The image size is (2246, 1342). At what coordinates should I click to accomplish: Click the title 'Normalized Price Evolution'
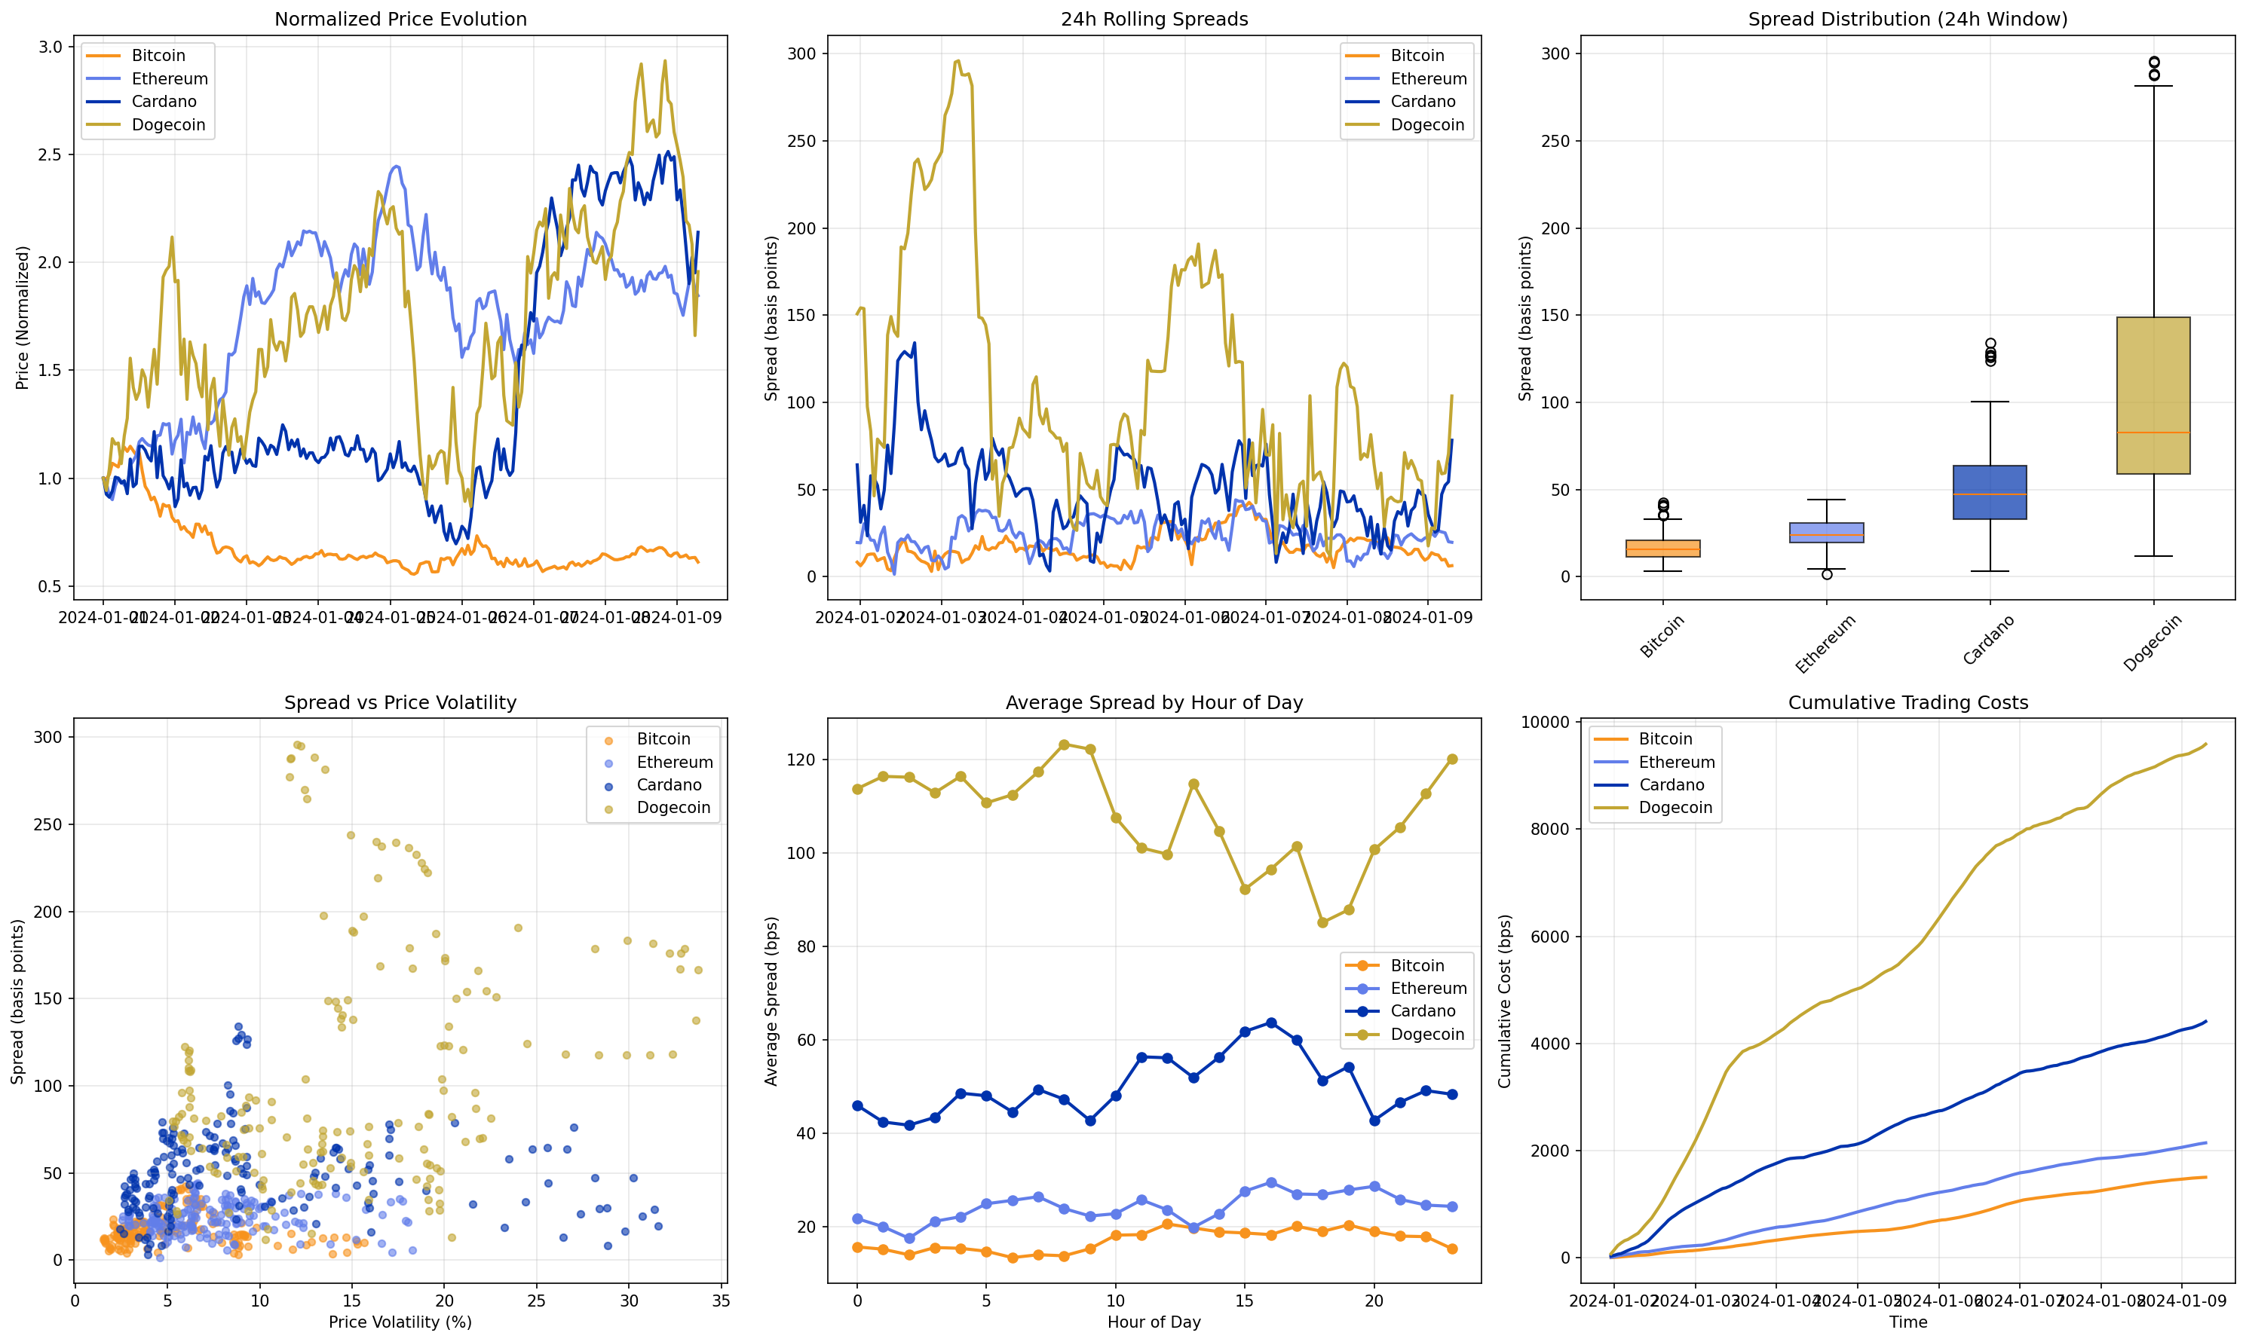point(400,19)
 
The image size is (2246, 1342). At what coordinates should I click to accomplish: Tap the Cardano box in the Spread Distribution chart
point(1989,492)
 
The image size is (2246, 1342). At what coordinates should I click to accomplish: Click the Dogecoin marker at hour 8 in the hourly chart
point(1064,745)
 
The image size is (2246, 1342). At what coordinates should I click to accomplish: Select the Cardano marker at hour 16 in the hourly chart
point(1271,1023)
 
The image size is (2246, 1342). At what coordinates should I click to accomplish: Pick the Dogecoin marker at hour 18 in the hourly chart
point(1322,922)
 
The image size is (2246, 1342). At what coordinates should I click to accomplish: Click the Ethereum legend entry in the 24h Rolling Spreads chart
point(1427,78)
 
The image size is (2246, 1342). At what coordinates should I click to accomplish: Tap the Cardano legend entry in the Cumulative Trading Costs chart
point(1671,785)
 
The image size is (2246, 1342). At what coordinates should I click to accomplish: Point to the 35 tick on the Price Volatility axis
point(721,1301)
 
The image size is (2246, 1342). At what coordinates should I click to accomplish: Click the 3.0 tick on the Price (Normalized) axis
point(50,47)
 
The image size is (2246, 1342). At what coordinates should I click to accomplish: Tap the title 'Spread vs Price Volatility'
point(400,703)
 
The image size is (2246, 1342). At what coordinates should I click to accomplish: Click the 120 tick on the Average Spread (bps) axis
point(803,760)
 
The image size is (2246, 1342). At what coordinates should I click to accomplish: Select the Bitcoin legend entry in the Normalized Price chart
point(158,55)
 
